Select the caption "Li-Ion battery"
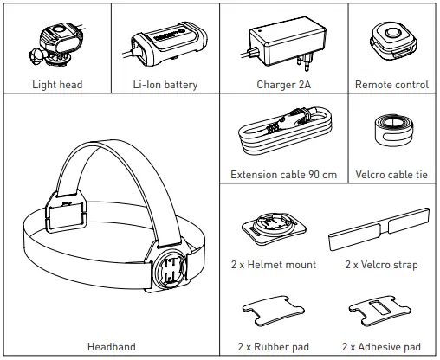pos(165,85)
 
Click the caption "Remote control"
pos(391,85)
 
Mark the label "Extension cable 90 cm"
pos(282,174)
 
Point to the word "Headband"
pos(111,347)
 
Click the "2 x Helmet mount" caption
pos(274,264)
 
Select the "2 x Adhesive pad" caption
pos(381,347)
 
